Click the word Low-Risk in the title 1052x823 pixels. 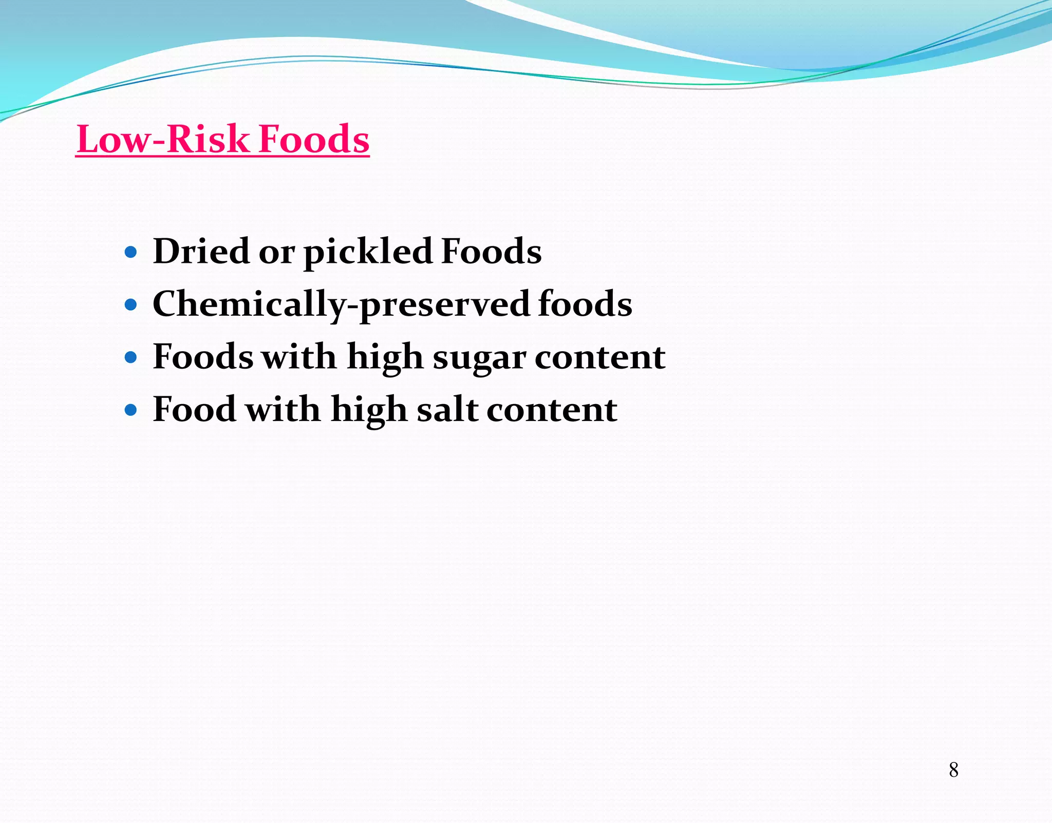coord(162,139)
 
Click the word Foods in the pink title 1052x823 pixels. coord(314,139)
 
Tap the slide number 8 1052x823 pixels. coord(953,770)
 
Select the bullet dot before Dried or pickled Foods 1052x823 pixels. coord(131,253)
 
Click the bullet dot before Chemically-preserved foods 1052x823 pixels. coord(131,305)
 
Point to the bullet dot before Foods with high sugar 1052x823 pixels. coord(131,358)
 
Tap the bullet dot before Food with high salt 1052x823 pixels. coord(131,410)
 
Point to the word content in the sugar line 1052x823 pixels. coord(599,357)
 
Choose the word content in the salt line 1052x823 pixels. coord(552,410)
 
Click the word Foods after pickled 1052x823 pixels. coord(491,252)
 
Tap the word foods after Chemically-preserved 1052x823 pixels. coord(585,304)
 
